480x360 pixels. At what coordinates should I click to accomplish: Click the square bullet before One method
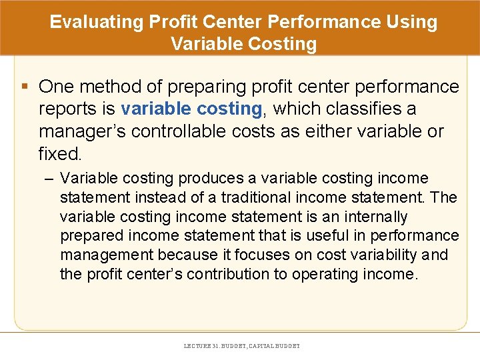coord(25,87)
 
